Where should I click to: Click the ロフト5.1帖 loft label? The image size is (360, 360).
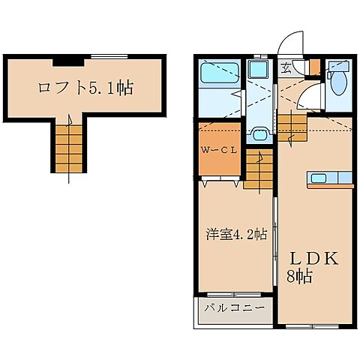click(85, 88)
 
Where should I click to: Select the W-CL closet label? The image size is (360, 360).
click(218, 149)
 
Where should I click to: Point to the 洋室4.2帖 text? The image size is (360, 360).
click(235, 234)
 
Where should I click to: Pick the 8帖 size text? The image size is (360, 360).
click(300, 275)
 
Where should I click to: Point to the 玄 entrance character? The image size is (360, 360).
click(287, 67)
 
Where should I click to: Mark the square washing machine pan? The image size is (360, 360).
click(259, 72)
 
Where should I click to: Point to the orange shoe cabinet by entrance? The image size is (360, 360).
click(314, 67)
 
